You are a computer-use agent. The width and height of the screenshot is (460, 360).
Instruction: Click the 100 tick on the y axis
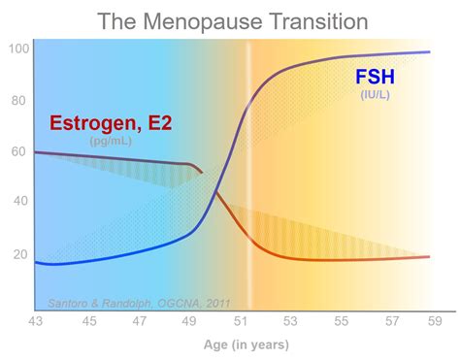tap(18, 49)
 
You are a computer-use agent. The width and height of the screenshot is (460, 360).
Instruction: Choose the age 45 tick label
tap(88, 320)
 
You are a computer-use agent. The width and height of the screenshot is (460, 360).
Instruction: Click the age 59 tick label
tap(436, 320)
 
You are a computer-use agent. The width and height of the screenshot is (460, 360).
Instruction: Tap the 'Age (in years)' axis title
tap(246, 344)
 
